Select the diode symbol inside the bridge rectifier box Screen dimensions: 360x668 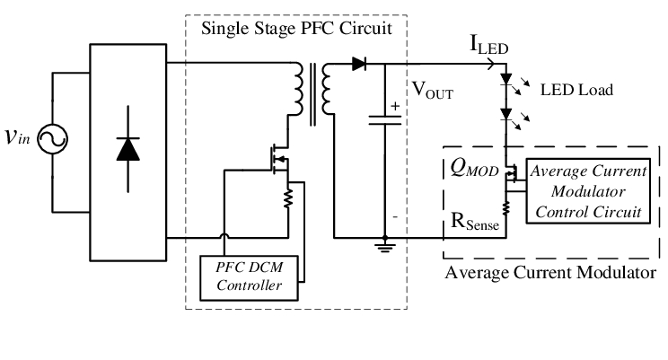tap(129, 149)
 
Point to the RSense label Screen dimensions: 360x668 tap(470, 217)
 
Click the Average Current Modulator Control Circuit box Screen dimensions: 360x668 tap(584, 190)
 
